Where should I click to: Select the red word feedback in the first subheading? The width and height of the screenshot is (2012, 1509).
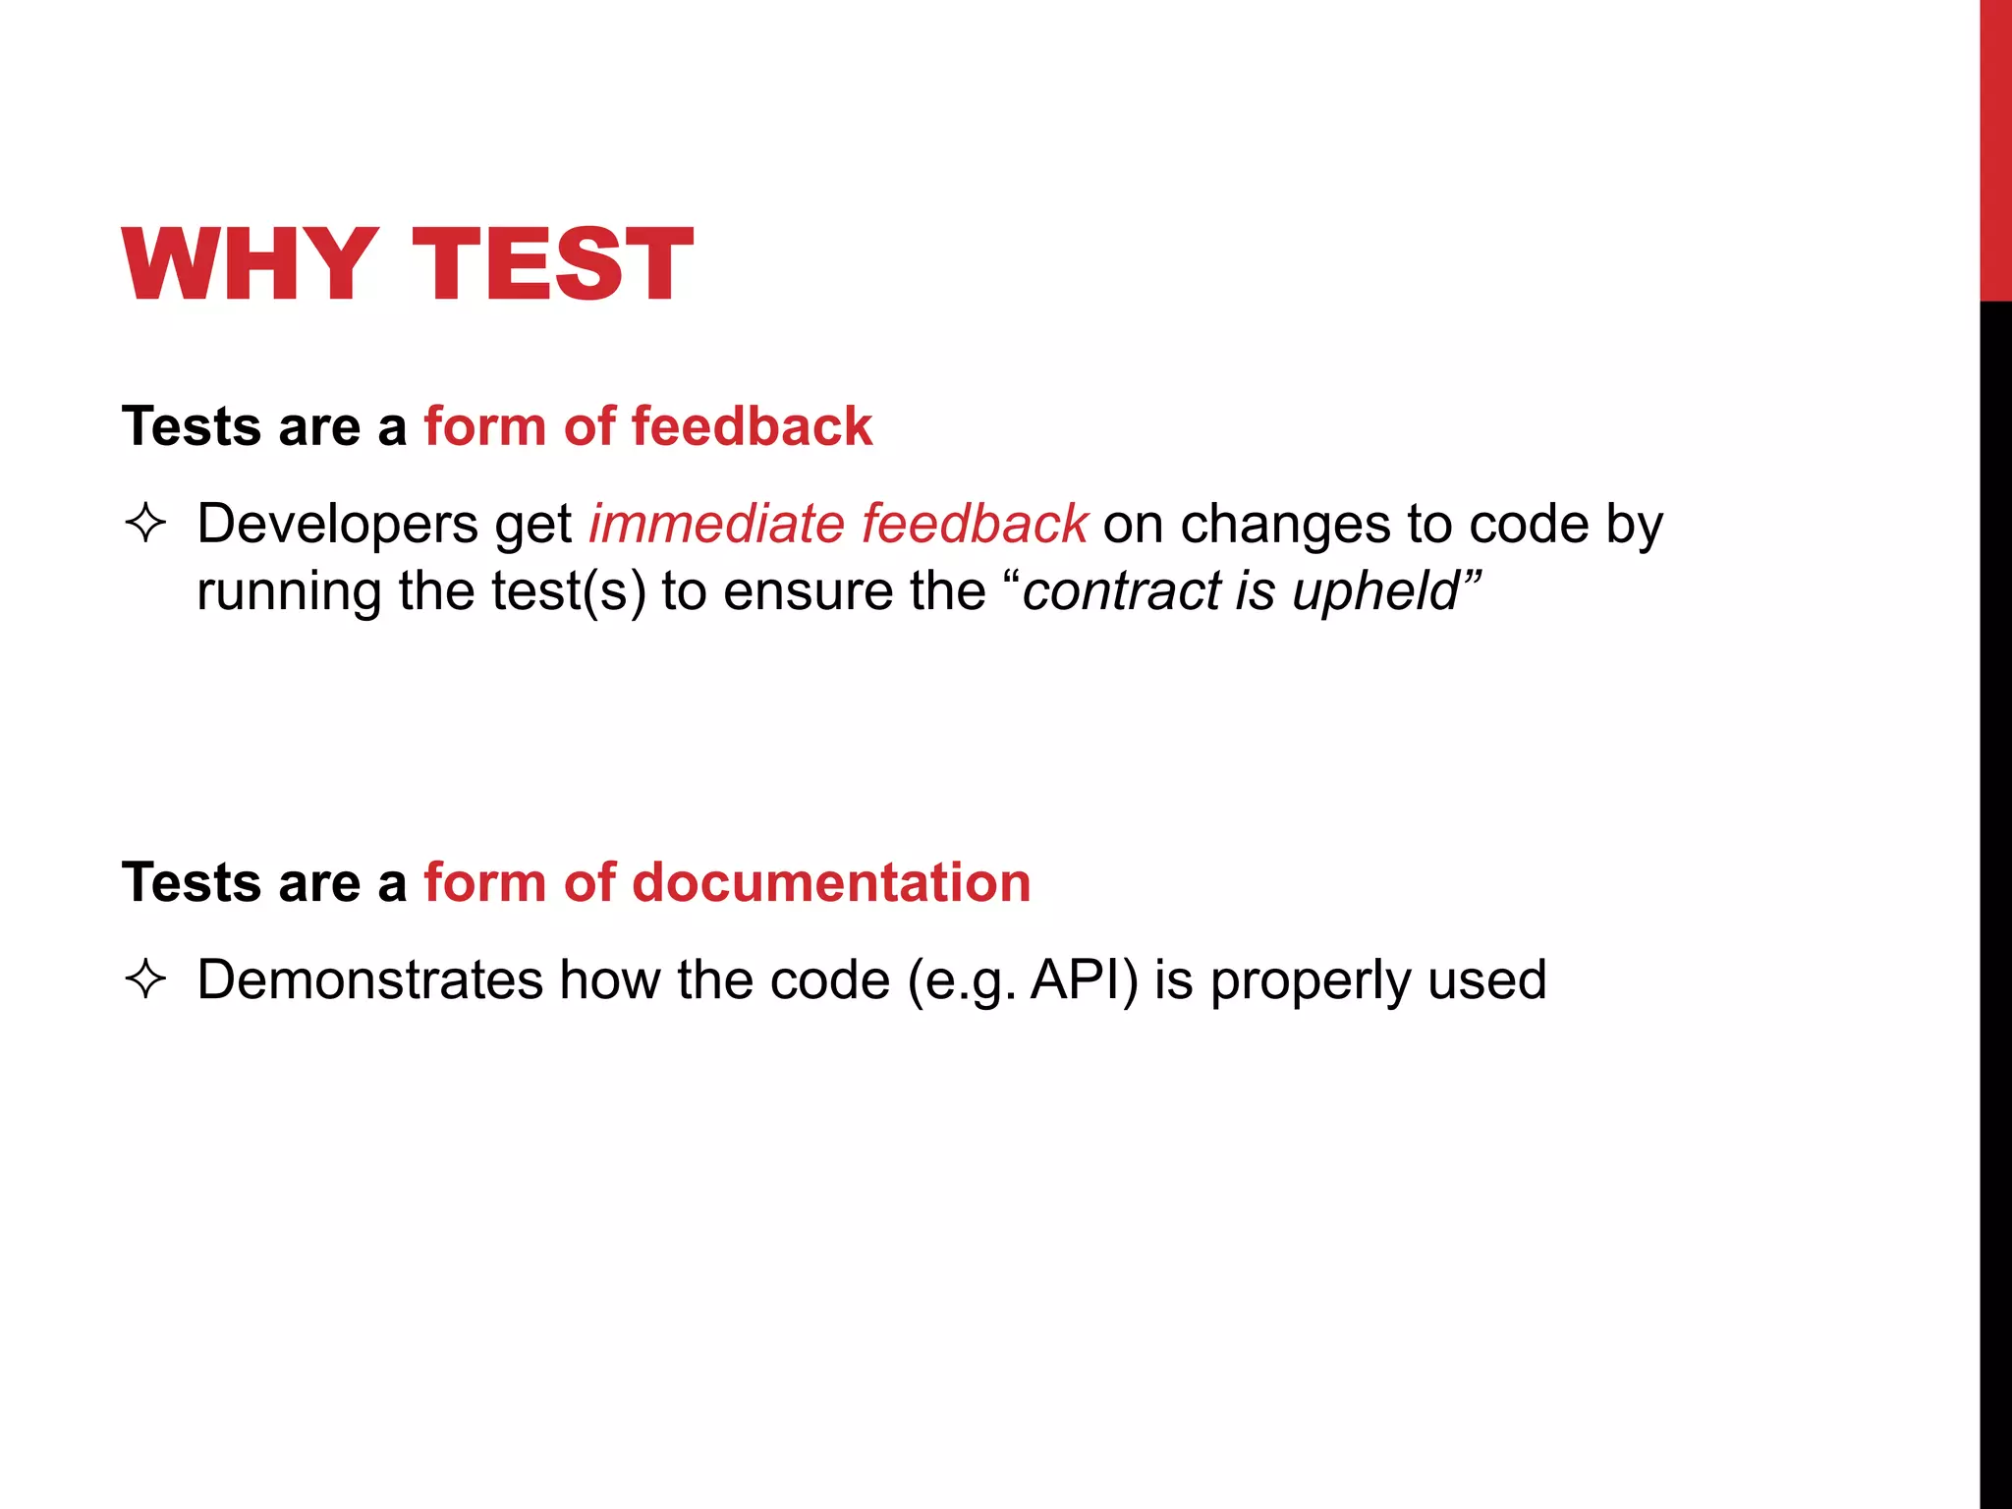(752, 426)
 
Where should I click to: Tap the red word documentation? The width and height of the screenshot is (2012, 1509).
(831, 882)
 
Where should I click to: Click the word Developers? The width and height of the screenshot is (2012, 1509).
(337, 525)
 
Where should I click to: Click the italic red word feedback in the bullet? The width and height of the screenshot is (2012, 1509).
(975, 524)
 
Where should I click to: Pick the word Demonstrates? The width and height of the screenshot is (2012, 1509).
(370, 979)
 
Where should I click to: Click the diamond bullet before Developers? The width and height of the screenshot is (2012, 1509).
(146, 524)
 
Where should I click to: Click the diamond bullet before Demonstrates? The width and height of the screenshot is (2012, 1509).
(146, 979)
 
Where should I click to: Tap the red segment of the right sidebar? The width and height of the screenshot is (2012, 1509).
(1995, 147)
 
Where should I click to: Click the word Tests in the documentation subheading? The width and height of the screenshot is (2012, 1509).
(193, 882)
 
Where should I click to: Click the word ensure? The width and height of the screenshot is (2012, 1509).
(807, 591)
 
